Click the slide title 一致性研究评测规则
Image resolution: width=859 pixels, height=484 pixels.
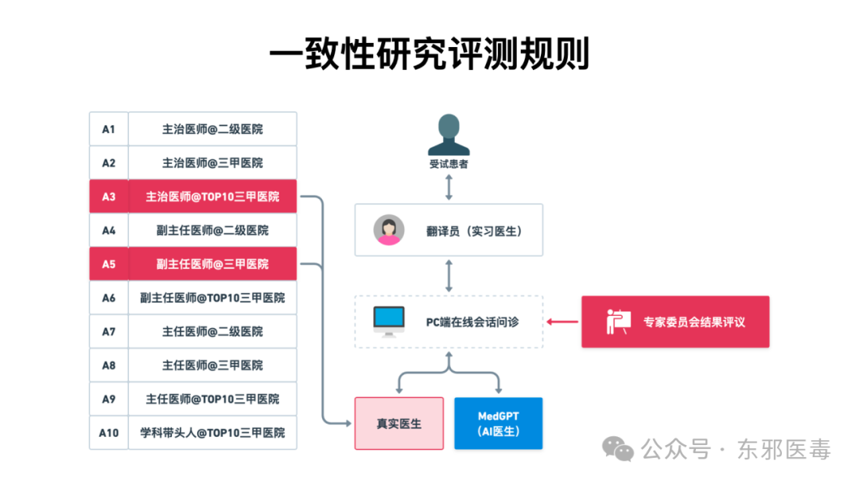click(x=429, y=54)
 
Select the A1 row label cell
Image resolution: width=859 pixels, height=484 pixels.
click(x=108, y=129)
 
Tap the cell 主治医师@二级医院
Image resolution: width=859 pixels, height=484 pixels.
click(x=212, y=129)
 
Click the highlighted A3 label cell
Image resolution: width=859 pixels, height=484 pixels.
click(x=108, y=197)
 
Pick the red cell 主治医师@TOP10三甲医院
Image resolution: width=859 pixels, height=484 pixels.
click(x=212, y=197)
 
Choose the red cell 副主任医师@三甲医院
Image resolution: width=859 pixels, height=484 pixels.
click(x=212, y=264)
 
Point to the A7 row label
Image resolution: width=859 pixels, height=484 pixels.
click(x=108, y=331)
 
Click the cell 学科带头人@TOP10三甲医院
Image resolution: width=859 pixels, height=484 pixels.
click(x=212, y=433)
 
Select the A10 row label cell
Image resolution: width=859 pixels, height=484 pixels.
click(x=108, y=433)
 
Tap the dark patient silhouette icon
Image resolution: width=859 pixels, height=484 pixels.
click(x=449, y=135)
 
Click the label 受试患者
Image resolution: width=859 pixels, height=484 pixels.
click(x=449, y=165)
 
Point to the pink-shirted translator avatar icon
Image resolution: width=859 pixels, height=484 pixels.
click(x=389, y=230)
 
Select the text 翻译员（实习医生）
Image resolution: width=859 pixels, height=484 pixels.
click(x=474, y=231)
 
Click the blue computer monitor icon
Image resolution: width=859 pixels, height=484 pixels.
click(x=389, y=321)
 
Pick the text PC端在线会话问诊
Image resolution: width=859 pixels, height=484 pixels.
click(x=472, y=322)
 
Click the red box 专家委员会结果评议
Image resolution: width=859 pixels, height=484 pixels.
click(x=675, y=322)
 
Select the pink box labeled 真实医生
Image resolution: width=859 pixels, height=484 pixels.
click(x=398, y=423)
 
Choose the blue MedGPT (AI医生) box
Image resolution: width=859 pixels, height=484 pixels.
click(x=498, y=423)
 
